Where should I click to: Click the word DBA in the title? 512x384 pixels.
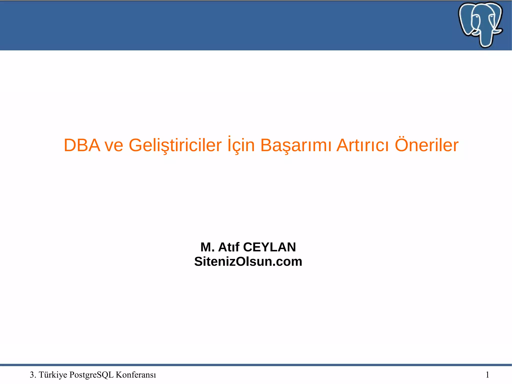(x=82, y=145)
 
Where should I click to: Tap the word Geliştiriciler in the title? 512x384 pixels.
(x=175, y=145)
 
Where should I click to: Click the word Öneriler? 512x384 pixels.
(x=426, y=145)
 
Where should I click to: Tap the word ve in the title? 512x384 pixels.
(x=114, y=146)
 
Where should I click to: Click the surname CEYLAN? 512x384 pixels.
(x=269, y=247)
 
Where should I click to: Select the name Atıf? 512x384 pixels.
(x=229, y=247)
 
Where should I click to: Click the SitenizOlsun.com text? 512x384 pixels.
(x=248, y=261)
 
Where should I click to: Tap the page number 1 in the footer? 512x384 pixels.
(x=487, y=375)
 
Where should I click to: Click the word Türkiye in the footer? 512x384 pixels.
(x=53, y=375)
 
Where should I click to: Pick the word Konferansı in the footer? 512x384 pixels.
(x=136, y=375)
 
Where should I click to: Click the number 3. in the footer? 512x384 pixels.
(x=33, y=375)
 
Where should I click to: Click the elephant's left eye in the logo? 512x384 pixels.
(x=476, y=17)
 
